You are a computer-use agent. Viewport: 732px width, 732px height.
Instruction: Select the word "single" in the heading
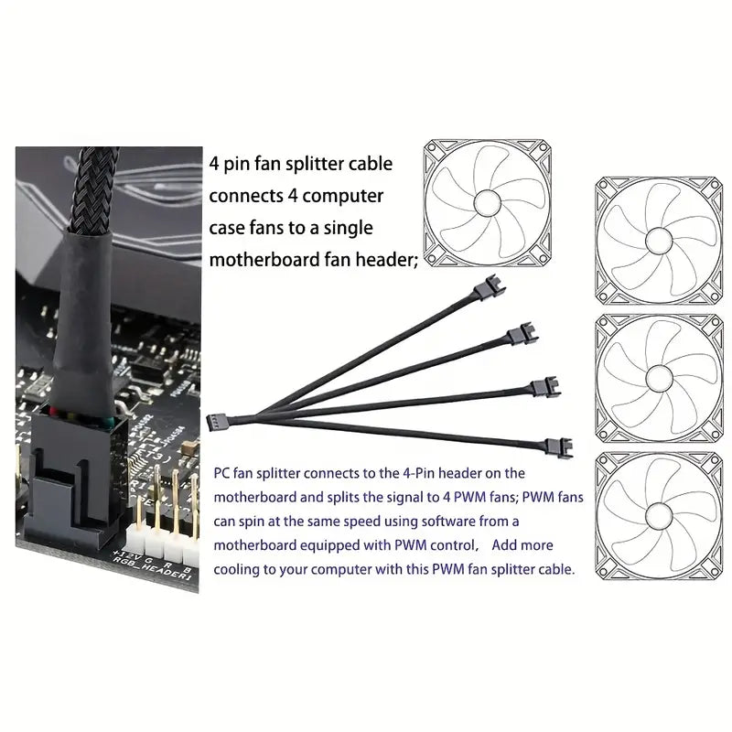point(349,228)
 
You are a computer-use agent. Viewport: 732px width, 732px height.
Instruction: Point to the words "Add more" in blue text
point(522,544)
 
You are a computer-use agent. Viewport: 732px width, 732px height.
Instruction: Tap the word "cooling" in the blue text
point(237,569)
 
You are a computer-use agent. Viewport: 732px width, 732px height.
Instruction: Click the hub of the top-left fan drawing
point(487,203)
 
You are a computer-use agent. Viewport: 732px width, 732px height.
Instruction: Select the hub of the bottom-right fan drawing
point(658,516)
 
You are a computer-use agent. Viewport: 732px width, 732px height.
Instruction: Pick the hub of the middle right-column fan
point(658,379)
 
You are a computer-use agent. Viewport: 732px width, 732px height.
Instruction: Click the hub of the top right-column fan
point(658,241)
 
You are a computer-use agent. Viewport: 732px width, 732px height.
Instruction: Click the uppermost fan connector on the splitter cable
point(490,287)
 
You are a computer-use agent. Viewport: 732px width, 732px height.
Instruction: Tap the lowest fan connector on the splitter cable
point(558,447)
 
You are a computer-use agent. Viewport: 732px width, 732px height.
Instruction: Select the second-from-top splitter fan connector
point(522,334)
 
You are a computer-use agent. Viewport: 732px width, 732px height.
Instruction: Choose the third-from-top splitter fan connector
point(545,387)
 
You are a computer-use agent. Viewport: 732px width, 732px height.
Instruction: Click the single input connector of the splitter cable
point(217,423)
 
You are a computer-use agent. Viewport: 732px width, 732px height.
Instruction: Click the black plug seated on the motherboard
point(75,476)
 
